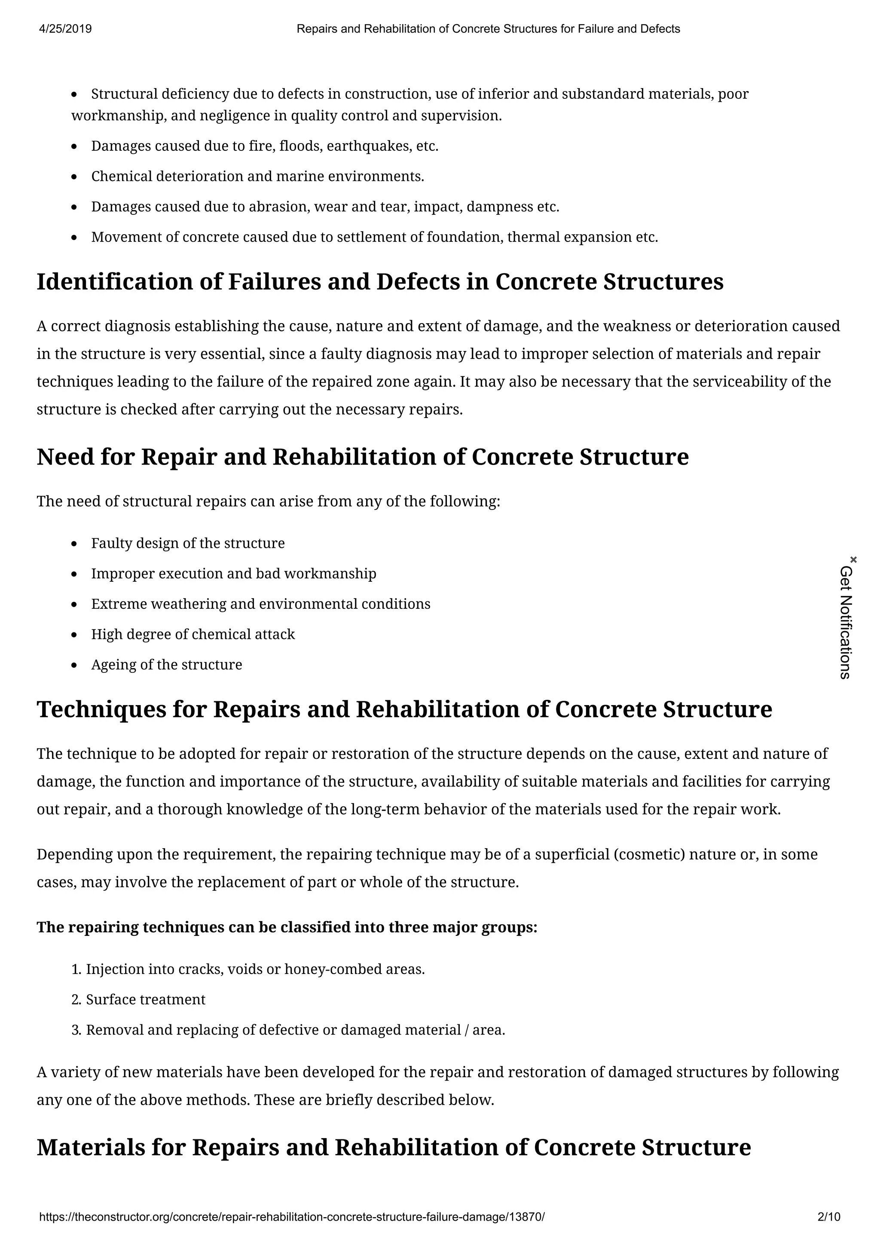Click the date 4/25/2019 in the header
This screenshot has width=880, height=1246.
(66, 29)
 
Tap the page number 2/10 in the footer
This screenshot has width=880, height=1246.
(828, 1217)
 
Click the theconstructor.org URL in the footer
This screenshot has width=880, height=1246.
(291, 1217)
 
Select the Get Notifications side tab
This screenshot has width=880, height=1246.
(846, 623)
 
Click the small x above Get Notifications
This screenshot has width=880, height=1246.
(853, 559)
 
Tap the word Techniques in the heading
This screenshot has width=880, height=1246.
(101, 709)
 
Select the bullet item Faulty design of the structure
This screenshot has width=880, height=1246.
(187, 543)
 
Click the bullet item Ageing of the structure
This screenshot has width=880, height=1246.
(166, 665)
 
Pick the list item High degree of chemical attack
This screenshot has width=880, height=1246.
(193, 635)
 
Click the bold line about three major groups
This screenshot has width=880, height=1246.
(287, 927)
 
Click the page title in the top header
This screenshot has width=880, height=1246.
(488, 29)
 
